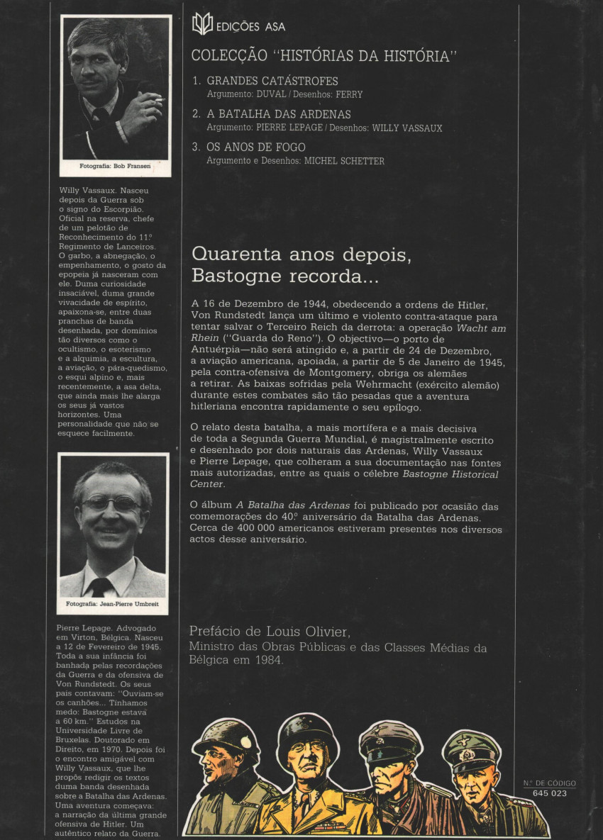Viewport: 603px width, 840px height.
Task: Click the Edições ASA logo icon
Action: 202,25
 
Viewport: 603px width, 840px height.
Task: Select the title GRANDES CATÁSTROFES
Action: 272,81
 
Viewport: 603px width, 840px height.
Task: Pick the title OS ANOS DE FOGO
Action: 256,147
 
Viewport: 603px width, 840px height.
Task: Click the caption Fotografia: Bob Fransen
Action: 114,168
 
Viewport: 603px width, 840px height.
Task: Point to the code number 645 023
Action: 549,793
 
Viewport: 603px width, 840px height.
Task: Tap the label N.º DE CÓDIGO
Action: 549,783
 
